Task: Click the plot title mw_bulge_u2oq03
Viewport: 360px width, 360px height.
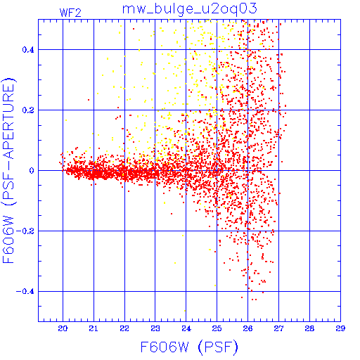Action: pyautogui.click(x=190, y=9)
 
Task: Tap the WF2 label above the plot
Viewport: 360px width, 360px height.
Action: pyautogui.click(x=70, y=13)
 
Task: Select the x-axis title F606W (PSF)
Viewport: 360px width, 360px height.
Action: pyautogui.click(x=189, y=347)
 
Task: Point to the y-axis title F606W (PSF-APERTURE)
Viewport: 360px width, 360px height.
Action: pyautogui.click(x=9, y=171)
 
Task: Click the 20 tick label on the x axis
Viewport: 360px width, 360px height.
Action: pyautogui.click(x=63, y=328)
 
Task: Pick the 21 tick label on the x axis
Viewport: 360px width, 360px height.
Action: pyautogui.click(x=94, y=328)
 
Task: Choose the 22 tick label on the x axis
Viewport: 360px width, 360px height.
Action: pyautogui.click(x=124, y=328)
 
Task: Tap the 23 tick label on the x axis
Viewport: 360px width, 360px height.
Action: pyautogui.click(x=155, y=328)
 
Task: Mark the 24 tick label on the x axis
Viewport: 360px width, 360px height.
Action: pyautogui.click(x=186, y=328)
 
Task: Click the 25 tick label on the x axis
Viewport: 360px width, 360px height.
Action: pyautogui.click(x=217, y=328)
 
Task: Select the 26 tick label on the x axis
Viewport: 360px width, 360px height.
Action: pyautogui.click(x=247, y=328)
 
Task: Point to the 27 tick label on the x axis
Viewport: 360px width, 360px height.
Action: pyautogui.click(x=278, y=328)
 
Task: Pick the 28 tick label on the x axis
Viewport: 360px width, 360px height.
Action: pyautogui.click(x=309, y=328)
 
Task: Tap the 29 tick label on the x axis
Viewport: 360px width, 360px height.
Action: pyautogui.click(x=340, y=328)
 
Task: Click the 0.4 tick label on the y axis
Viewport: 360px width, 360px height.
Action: pyautogui.click(x=28, y=50)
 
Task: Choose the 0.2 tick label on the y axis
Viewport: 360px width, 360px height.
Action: pyautogui.click(x=28, y=110)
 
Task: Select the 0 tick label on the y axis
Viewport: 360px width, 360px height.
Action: pyautogui.click(x=32, y=171)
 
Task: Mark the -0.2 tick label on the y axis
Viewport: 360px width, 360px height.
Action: pyautogui.click(x=25, y=231)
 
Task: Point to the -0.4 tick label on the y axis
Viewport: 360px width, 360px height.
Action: pyautogui.click(x=25, y=292)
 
